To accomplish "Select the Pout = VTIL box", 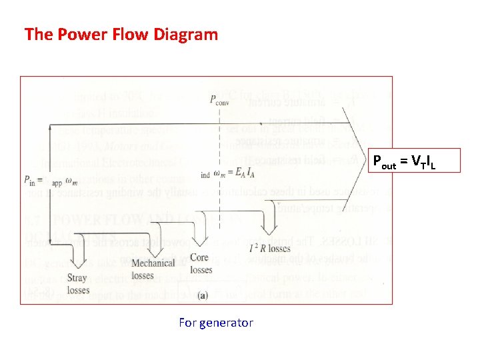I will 414,161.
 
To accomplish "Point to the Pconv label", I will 220,101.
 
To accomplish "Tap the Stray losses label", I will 79,284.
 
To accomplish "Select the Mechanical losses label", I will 153,268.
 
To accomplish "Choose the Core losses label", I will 201,263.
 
